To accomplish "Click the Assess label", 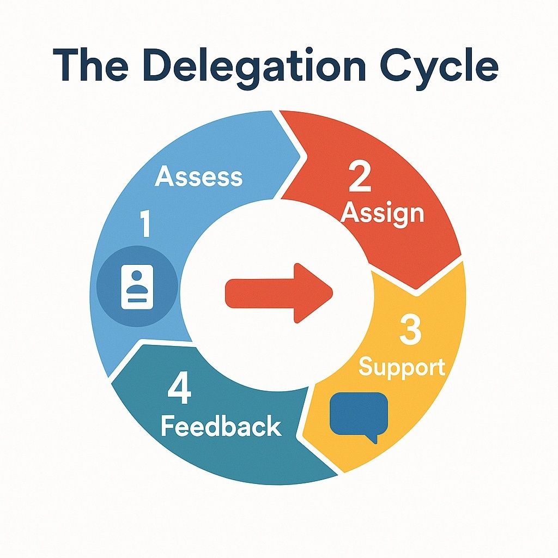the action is (x=198, y=176).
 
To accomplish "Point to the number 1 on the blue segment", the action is (x=145, y=223).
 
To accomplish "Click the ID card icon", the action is (x=137, y=287).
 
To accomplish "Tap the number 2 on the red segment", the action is (x=360, y=176).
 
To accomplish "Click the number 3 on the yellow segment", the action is (x=410, y=330).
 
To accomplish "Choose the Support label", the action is (x=402, y=368).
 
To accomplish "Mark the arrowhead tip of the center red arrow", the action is (x=332, y=293).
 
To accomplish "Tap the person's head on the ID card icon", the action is (x=137, y=276).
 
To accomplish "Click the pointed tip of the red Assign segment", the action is (x=416, y=289).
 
